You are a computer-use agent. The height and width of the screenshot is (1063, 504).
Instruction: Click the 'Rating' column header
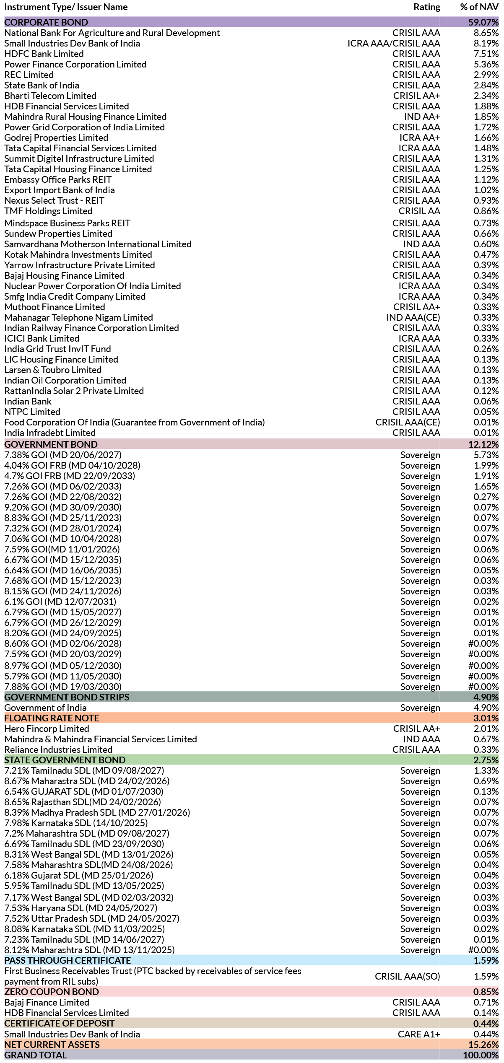[x=426, y=7]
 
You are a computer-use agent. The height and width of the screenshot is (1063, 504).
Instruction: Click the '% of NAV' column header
[x=479, y=7]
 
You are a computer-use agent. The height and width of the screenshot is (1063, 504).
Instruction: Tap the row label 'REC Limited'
[x=29, y=75]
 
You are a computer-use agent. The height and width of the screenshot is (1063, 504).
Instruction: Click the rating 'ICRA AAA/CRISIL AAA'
[x=394, y=43]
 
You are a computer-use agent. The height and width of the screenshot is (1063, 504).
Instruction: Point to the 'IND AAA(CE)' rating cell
[x=413, y=317]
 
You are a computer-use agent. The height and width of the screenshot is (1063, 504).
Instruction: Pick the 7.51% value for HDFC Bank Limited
[x=486, y=54]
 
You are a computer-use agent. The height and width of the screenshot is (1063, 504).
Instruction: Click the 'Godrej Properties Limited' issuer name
[x=56, y=137]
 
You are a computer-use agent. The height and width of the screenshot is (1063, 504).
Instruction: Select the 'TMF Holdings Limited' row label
[x=48, y=211]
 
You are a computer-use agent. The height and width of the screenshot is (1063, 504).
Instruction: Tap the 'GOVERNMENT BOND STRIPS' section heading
[x=67, y=697]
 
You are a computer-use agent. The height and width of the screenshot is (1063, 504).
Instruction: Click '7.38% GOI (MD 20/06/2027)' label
[x=63, y=455]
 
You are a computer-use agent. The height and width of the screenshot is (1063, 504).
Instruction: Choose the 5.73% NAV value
[x=486, y=455]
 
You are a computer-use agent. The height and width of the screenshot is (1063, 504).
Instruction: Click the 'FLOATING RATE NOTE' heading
[x=52, y=718]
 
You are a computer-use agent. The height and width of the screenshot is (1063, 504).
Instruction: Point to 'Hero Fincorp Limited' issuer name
[x=47, y=729]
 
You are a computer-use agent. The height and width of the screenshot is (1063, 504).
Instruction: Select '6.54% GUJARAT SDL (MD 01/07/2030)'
[x=84, y=791]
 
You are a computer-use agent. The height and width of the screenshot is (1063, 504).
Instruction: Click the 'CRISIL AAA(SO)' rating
[x=407, y=976]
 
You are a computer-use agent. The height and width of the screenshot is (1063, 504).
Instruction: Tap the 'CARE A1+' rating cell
[x=419, y=1034]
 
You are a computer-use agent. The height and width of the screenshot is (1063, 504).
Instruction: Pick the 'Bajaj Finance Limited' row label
[x=47, y=1002]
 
